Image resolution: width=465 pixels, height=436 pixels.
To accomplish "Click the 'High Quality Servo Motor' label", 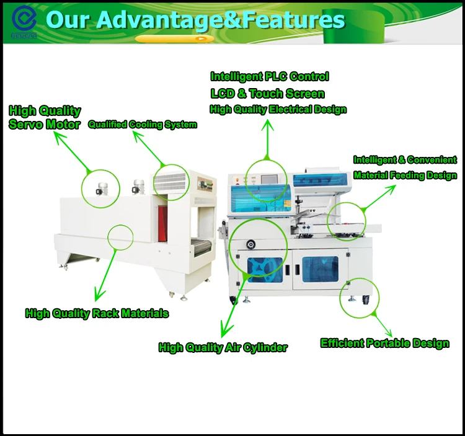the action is tap(45, 117).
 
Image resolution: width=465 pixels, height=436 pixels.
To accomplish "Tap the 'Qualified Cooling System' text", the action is tap(142, 125).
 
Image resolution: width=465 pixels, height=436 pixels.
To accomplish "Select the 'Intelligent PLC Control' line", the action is tap(269, 77).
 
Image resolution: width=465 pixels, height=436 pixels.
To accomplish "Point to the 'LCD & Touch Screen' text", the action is tap(267, 94).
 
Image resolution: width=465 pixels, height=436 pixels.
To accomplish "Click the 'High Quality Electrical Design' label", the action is tap(278, 110).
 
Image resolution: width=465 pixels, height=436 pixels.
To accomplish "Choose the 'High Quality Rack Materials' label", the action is tap(97, 313).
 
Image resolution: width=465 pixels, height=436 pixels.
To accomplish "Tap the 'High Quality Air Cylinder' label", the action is tap(223, 347).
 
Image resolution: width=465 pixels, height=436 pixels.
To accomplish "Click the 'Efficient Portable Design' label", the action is tap(384, 343).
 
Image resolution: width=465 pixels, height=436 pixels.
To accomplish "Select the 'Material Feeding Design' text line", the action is tap(405, 176).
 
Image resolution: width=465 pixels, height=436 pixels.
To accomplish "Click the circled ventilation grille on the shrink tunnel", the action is tap(170, 182).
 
